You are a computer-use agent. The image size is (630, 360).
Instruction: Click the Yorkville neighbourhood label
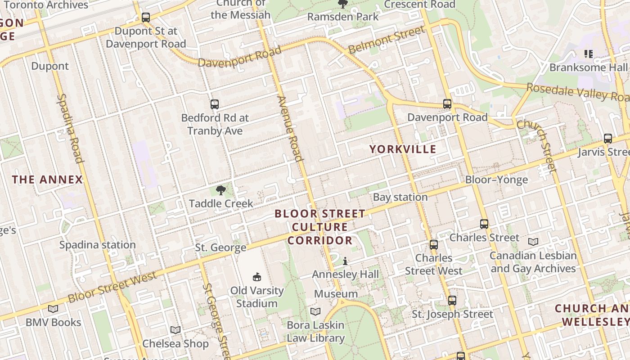tap(403, 149)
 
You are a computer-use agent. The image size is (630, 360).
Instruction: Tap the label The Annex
tap(48, 180)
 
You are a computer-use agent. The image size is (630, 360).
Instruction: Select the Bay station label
tap(400, 197)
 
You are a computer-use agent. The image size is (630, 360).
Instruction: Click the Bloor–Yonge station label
tap(496, 180)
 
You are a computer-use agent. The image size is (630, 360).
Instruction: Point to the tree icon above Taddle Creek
tap(220, 190)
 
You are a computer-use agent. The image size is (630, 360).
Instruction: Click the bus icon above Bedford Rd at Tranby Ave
tap(215, 104)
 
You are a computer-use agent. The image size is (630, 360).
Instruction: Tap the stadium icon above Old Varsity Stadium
tap(257, 277)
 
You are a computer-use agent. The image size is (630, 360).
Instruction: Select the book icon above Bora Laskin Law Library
tap(315, 311)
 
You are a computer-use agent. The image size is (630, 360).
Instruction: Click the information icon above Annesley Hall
tap(345, 261)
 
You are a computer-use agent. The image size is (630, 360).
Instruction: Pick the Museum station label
tap(336, 294)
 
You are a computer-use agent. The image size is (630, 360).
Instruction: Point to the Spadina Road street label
tap(71, 128)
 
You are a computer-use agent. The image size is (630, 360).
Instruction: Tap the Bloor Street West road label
tap(112, 286)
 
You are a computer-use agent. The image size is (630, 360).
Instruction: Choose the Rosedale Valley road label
tap(577, 92)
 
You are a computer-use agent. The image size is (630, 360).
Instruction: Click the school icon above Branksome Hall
tap(588, 54)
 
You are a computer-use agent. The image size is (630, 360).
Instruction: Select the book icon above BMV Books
tap(53, 309)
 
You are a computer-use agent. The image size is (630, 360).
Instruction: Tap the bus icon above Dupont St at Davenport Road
tap(146, 18)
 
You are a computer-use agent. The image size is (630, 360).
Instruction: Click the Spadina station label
tap(98, 245)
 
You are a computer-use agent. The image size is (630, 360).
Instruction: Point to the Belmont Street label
tap(387, 40)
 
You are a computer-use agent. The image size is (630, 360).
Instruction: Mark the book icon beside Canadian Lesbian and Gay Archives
tap(533, 242)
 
